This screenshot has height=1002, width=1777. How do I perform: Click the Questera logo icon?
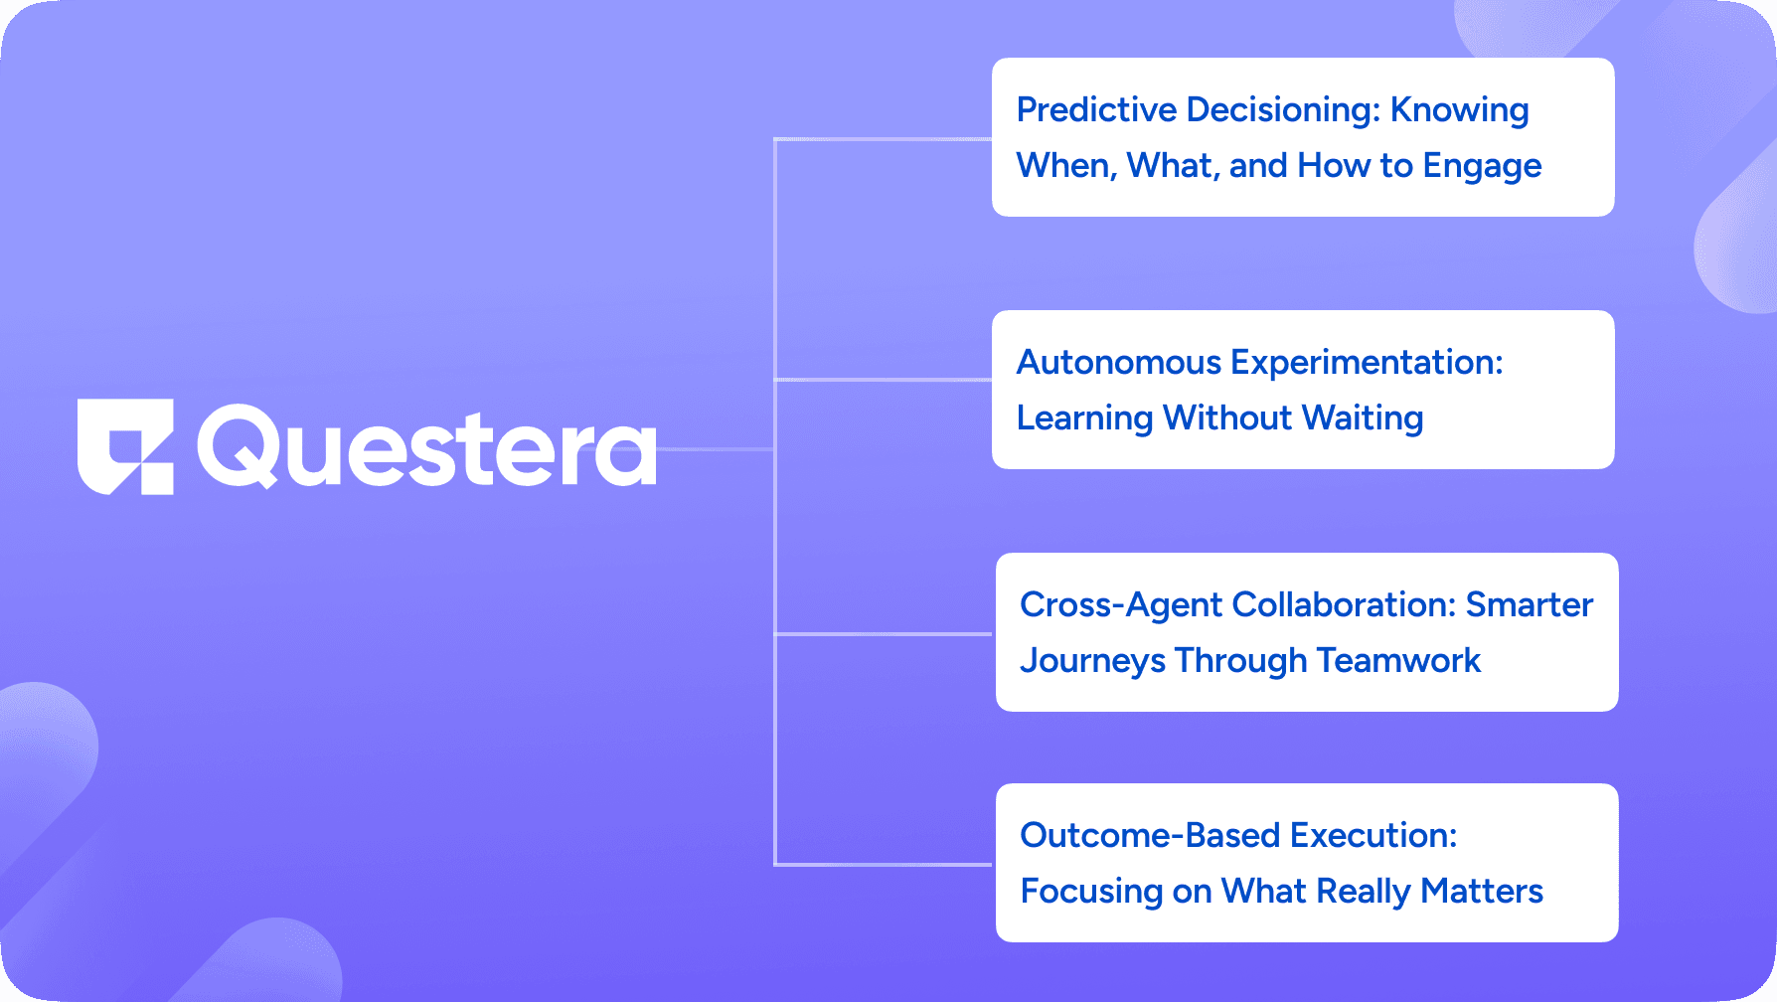tap(126, 447)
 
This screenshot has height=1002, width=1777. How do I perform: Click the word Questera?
tap(427, 447)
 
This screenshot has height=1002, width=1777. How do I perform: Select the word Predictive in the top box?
tap(1096, 109)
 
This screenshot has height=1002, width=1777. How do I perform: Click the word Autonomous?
tap(1119, 362)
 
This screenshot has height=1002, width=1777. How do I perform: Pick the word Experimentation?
tap(1367, 362)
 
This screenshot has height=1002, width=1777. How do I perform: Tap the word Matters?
tap(1482, 891)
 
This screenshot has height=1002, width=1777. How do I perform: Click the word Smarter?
tap(1530, 604)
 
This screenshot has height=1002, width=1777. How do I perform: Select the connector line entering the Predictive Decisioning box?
tap(883, 139)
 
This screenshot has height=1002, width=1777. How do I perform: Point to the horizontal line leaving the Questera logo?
tap(716, 449)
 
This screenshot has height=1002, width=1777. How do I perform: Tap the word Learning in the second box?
tap(1084, 419)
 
